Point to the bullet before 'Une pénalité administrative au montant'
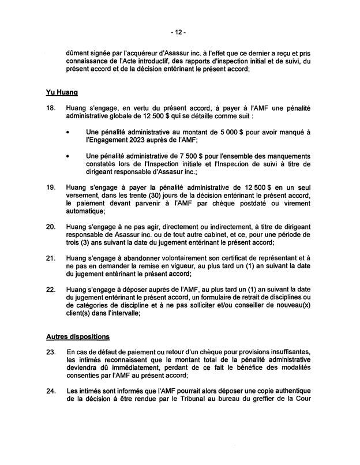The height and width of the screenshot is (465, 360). [69, 132]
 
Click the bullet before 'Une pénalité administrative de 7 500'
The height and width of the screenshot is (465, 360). [69, 156]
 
